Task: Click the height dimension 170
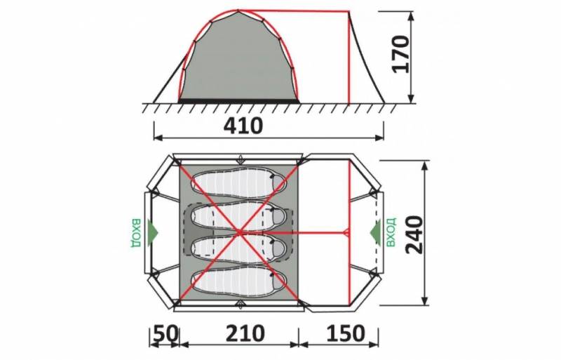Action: click(x=401, y=54)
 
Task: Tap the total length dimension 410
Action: click(x=243, y=126)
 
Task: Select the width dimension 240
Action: click(x=414, y=234)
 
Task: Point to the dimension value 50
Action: click(x=165, y=333)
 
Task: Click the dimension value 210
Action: click(x=245, y=333)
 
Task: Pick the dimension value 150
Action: click(x=345, y=333)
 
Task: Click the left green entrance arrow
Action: click(x=153, y=232)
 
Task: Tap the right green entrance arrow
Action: click(x=374, y=232)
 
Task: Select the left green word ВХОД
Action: click(x=136, y=232)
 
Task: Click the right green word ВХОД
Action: click(x=391, y=232)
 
